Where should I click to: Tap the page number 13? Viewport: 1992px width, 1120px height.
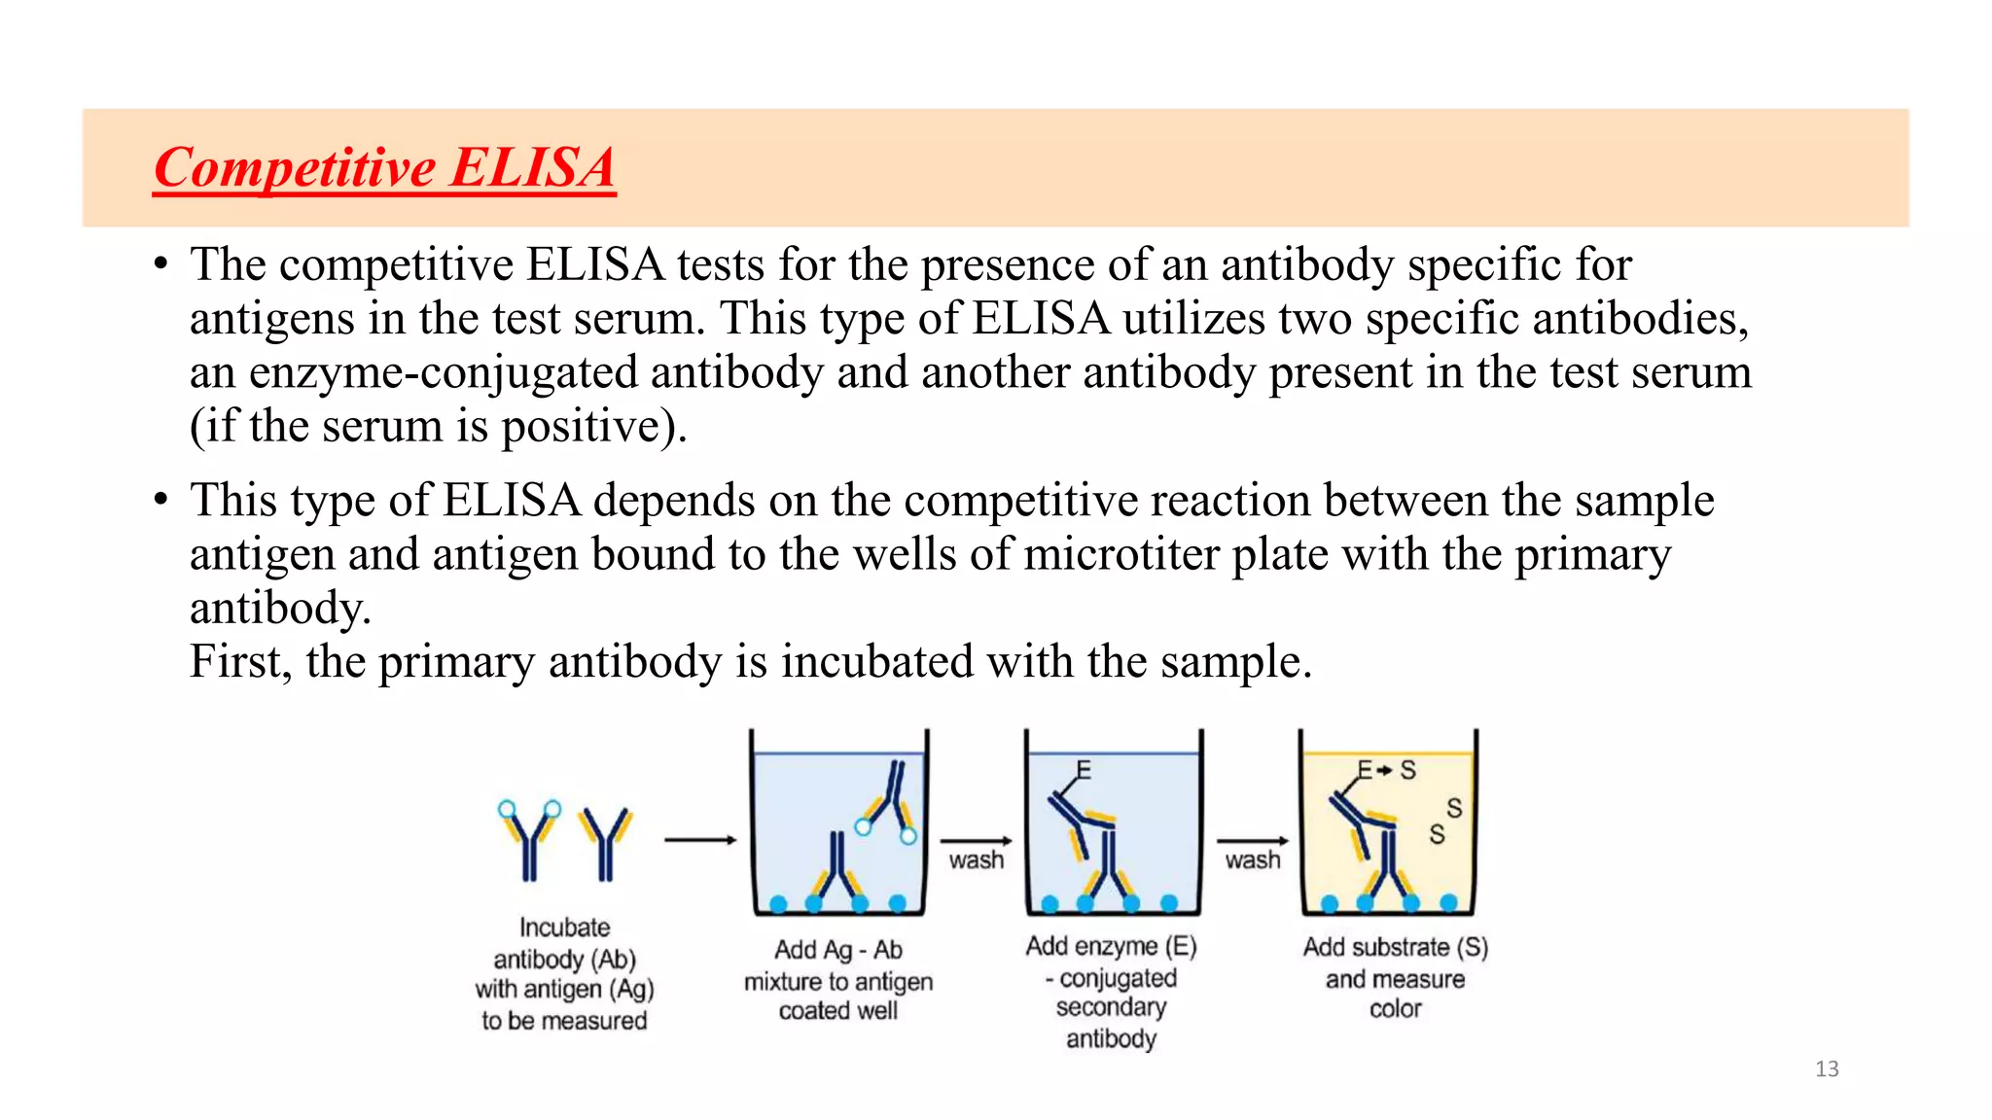pyautogui.click(x=1827, y=1069)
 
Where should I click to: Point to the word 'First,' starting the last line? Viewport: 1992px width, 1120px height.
pyautogui.click(x=240, y=662)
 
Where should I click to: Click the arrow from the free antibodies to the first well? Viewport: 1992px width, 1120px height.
pyautogui.click(x=700, y=840)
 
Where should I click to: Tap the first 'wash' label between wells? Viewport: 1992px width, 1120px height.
pyautogui.click(x=976, y=860)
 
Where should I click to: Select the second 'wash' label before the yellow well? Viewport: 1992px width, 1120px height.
pyautogui.click(x=1252, y=860)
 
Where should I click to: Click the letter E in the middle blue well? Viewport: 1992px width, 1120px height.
pyautogui.click(x=1084, y=771)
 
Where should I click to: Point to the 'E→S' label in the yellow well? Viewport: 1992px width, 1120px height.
pyautogui.click(x=1386, y=771)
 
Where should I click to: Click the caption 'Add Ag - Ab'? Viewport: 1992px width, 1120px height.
pyautogui.click(x=838, y=950)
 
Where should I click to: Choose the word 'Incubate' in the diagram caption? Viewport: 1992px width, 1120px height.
pyautogui.click(x=564, y=927)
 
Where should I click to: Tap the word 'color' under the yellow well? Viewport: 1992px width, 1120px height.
pyautogui.click(x=1395, y=1009)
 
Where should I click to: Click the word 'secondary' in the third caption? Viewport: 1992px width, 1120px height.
pyautogui.click(x=1111, y=1007)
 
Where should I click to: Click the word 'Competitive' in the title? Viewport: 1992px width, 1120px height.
pyautogui.click(x=295, y=168)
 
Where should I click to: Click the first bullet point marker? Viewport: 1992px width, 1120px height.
pyautogui.click(x=161, y=264)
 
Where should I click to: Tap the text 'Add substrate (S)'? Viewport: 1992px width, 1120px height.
pyautogui.click(x=1395, y=947)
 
